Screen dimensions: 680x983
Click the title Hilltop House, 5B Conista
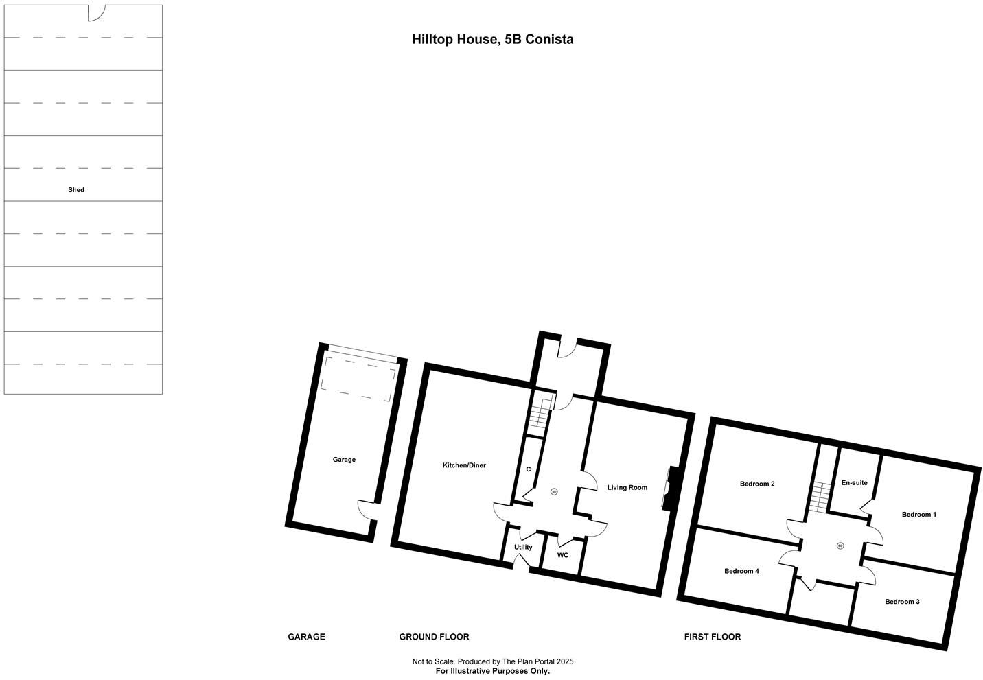(492, 40)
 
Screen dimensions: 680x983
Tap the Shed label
(76, 190)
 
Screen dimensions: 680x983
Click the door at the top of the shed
(96, 12)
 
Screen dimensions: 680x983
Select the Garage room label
(344, 460)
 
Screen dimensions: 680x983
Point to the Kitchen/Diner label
(464, 465)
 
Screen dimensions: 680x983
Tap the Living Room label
(627, 488)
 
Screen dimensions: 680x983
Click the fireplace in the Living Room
(672, 489)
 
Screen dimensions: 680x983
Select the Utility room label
(523, 548)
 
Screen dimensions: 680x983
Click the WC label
(563, 555)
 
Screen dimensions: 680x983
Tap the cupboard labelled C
(528, 469)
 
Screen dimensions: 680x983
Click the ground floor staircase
(540, 415)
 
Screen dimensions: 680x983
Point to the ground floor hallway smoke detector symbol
(554, 491)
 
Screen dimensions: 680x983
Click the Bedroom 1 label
(918, 515)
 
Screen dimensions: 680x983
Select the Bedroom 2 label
(757, 484)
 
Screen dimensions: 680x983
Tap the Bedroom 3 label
(902, 602)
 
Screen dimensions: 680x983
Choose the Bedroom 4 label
(741, 571)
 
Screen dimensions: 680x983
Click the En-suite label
(854, 483)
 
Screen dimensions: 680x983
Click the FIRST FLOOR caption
(712, 637)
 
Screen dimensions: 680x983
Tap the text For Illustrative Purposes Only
(492, 671)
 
